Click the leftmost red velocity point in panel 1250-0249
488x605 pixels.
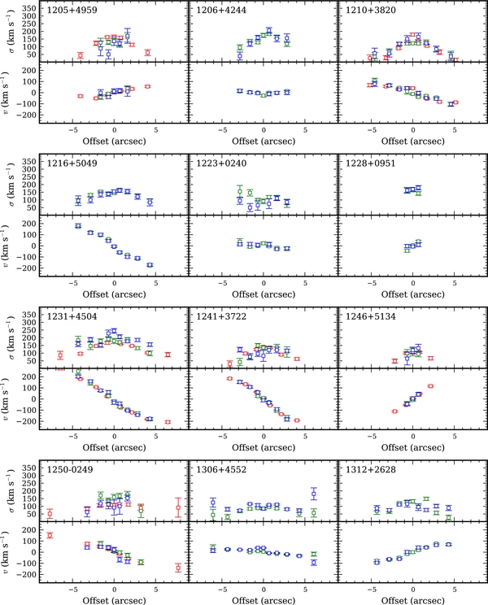pyautogui.click(x=50, y=535)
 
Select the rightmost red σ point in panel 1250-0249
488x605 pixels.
pyautogui.click(x=178, y=508)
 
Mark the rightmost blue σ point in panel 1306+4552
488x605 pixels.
pyautogui.click(x=313, y=494)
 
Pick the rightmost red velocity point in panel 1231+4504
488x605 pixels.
pyautogui.click(x=168, y=422)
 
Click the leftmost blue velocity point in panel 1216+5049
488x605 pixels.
pyautogui.click(x=78, y=226)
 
